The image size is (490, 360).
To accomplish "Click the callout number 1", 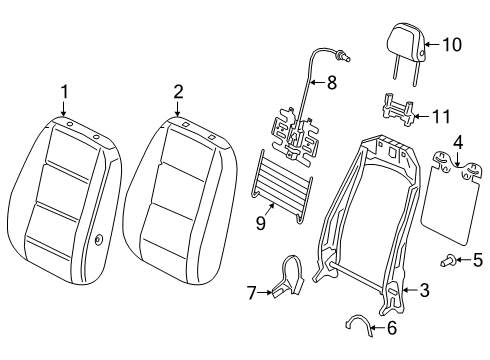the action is pos(64,92).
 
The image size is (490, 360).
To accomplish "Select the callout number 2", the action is pos(178,92).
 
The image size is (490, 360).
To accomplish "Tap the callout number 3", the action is pos(424,290).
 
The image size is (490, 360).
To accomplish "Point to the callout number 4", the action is pos(458,142).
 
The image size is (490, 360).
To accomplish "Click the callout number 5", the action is pos(478,260).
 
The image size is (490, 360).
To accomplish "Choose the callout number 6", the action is pos(392,328).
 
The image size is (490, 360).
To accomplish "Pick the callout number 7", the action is pos(252,293).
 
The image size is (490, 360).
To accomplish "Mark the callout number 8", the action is pos(332,82).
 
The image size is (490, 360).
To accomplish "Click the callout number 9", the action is pos(261,223).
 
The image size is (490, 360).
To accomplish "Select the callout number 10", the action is pos(452,44).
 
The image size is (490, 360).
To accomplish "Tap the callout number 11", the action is pos(441,117).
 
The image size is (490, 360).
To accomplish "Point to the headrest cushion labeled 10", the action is pos(406,43).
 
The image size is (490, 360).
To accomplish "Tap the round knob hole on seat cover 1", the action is pos(99,240).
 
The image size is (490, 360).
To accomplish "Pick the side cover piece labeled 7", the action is pos(289,276).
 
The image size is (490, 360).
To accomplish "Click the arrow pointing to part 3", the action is pos(410,290).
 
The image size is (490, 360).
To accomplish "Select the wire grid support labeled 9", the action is pos(281,185).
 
